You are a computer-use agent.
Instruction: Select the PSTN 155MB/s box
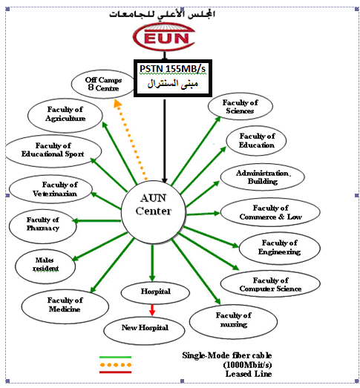[173, 78]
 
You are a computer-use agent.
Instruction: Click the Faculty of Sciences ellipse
[240, 106]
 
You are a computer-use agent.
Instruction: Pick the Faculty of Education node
[256, 140]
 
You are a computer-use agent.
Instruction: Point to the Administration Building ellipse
[263, 177]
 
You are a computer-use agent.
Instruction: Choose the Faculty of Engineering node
[280, 248]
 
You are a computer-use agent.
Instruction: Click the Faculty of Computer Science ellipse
[270, 284]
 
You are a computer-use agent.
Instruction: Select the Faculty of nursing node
[233, 322]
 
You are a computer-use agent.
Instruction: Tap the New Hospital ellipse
[144, 331]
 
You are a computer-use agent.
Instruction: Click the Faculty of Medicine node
[65, 306]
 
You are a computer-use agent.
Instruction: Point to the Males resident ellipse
[45, 266]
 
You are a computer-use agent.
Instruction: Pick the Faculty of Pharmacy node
[43, 226]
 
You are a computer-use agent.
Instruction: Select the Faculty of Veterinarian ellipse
[50, 189]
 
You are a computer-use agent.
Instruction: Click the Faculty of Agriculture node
[65, 115]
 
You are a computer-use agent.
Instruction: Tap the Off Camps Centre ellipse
[103, 84]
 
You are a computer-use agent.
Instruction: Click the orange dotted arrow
[130, 139]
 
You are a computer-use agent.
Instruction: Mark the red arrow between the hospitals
[152, 310]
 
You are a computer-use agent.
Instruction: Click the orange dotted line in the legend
[115, 365]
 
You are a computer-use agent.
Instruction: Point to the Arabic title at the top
[162, 14]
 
